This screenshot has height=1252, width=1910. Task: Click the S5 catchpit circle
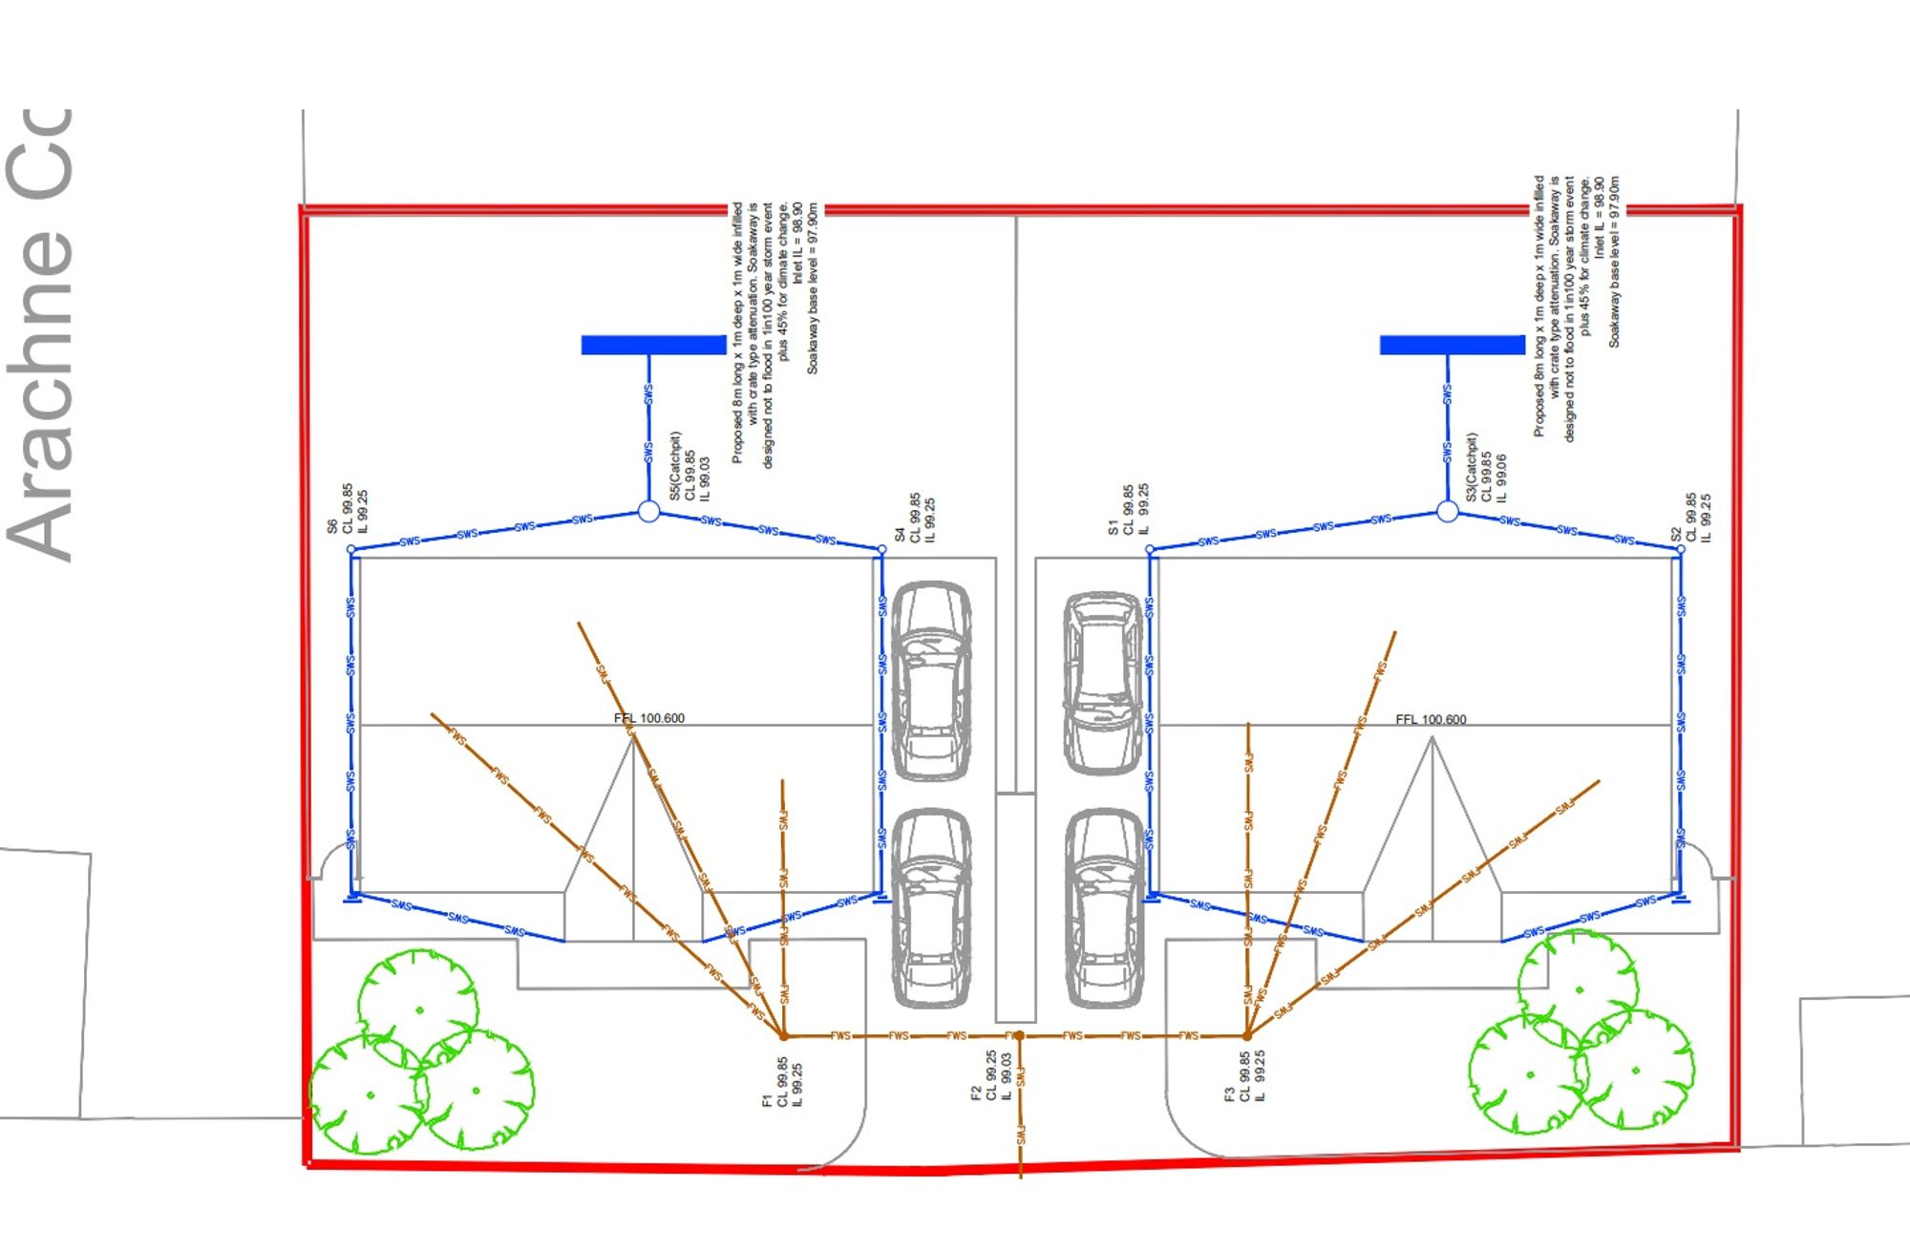(648, 512)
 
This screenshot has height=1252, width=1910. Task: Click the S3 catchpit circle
(1447, 512)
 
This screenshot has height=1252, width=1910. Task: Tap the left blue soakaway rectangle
(653, 345)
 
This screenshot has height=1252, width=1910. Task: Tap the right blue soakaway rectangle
(1452, 345)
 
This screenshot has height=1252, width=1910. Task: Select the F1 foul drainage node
(784, 1035)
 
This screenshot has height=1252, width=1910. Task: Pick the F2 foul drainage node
(1020, 1035)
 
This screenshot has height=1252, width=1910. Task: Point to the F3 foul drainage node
(1247, 1035)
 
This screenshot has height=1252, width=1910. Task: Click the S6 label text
(332, 526)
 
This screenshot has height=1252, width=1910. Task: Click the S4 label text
(899, 535)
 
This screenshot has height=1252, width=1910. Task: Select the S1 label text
(1113, 527)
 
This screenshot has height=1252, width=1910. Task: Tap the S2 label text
(1676, 535)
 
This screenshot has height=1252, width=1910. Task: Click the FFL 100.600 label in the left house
(649, 718)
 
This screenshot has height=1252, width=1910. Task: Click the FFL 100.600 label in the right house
(1431, 719)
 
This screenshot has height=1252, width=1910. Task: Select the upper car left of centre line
(931, 680)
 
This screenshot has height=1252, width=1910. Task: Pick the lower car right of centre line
(1104, 908)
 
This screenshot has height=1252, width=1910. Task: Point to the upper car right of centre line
(1103, 682)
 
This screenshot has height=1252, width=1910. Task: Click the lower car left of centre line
(931, 908)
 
